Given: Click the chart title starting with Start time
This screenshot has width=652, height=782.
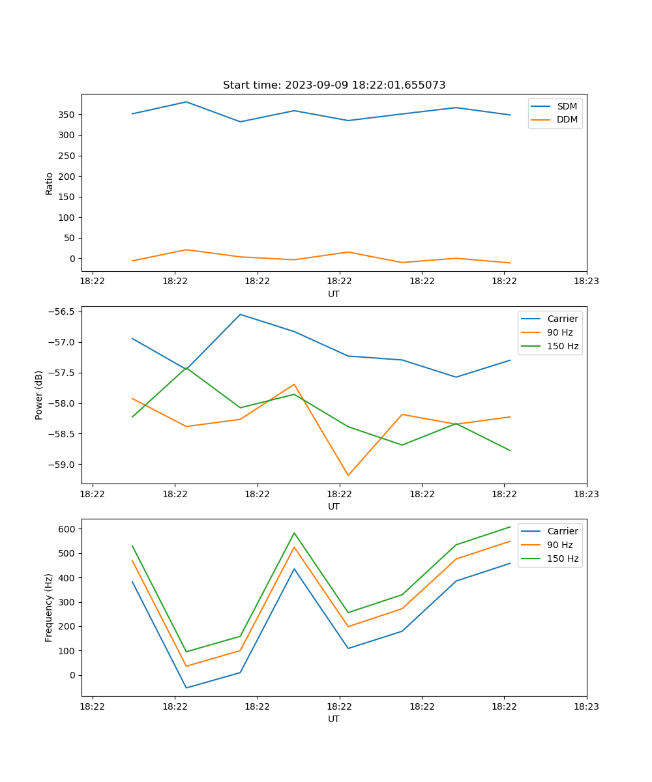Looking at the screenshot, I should tap(334, 85).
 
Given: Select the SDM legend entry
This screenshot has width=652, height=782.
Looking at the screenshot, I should tap(567, 106).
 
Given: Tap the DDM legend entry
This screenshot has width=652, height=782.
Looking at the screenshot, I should tap(567, 119).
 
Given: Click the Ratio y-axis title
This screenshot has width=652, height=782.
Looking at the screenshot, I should tap(50, 183).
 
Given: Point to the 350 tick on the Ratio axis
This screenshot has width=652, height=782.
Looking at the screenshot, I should tap(68, 115).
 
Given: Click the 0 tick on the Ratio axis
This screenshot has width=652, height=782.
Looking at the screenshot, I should tap(73, 259).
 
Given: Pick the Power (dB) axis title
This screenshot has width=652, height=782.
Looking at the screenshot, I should tap(39, 395).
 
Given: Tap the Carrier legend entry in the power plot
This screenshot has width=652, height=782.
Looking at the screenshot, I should tap(562, 319).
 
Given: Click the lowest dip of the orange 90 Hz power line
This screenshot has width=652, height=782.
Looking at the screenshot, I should tap(348, 475).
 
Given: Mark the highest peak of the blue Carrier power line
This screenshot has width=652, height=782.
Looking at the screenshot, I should tap(240, 314).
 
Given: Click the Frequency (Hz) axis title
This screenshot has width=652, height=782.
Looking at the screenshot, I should tap(49, 607).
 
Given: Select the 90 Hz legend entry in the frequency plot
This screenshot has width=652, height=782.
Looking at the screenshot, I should tap(559, 545).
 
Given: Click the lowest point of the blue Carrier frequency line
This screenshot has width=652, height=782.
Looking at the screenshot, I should tap(186, 688).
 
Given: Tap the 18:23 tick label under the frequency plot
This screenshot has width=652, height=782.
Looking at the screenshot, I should tap(587, 706).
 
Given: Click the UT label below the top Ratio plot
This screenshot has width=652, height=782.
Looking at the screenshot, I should tap(334, 294).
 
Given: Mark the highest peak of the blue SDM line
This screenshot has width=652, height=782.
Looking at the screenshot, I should tap(186, 102).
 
